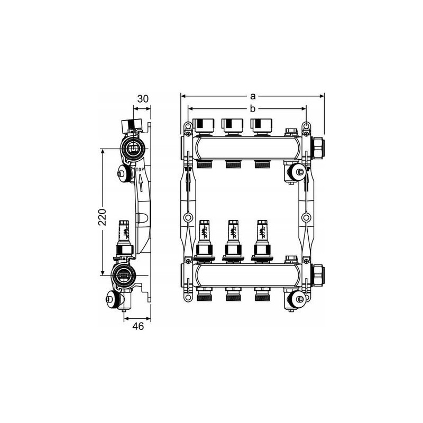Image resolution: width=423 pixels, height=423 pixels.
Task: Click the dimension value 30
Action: point(143,99)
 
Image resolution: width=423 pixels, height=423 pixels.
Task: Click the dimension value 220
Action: point(102,217)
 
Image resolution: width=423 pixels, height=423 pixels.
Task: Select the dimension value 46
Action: point(138,326)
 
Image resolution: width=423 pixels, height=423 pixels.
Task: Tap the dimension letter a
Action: point(253,96)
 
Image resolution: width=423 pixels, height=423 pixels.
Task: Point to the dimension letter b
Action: point(253,108)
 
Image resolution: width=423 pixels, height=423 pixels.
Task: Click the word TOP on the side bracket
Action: point(140,170)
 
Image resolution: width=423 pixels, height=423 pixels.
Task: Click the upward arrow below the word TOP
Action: point(141,183)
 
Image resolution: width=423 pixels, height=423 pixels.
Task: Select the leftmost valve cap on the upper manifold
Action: point(204,125)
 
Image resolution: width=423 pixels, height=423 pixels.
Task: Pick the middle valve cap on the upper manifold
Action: point(233,125)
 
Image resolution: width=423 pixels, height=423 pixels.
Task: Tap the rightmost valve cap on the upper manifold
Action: point(261,125)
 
